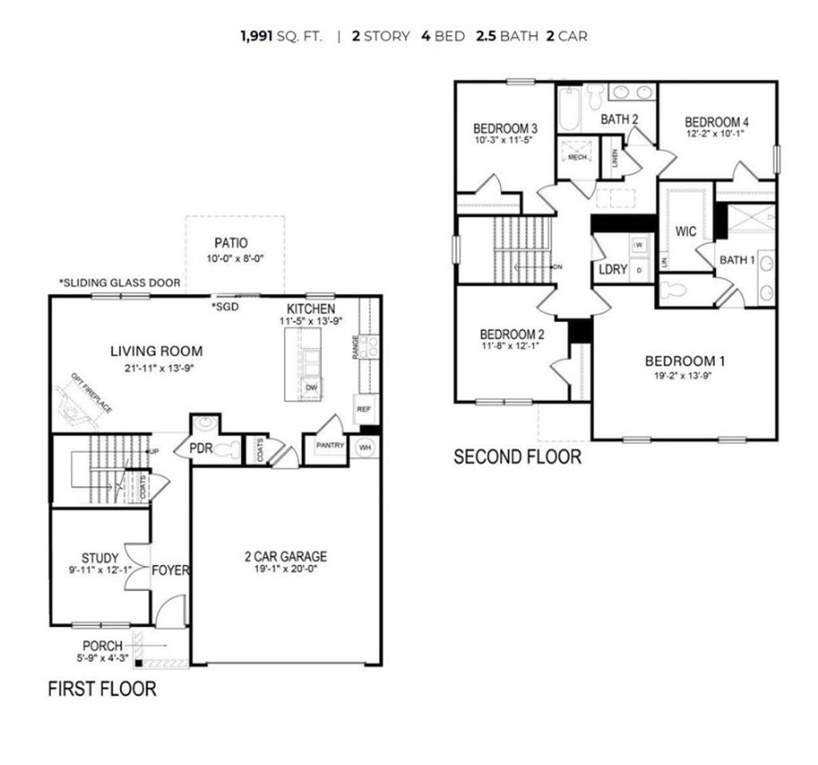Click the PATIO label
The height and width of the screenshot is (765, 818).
(231, 242)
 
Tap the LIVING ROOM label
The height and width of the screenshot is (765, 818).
(157, 351)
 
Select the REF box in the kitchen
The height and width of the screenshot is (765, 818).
(364, 408)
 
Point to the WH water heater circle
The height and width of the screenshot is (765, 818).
(366, 446)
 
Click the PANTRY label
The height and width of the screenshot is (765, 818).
(330, 445)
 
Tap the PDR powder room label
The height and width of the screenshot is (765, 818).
(200, 448)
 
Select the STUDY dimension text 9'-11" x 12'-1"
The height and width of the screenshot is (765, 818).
(100, 571)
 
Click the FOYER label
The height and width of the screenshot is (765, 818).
(171, 570)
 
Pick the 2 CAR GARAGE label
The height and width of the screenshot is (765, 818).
(285, 556)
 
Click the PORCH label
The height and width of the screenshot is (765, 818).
(103, 646)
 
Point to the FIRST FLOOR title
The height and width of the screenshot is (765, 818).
(102, 688)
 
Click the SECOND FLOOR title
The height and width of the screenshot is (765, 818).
(517, 457)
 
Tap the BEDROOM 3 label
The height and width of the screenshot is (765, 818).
(505, 128)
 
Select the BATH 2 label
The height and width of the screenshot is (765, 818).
(620, 119)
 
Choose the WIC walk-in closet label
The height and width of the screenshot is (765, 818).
(685, 232)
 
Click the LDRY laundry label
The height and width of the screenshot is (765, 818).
(613, 269)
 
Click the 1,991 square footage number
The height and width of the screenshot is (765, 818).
(256, 37)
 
